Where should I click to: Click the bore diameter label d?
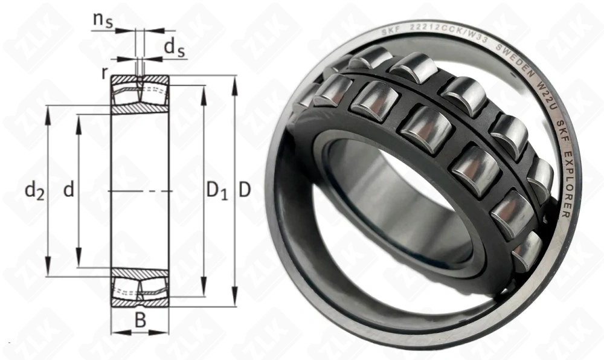coord(69,190)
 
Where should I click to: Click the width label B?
coord(140,321)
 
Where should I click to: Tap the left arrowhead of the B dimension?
coord(115,332)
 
